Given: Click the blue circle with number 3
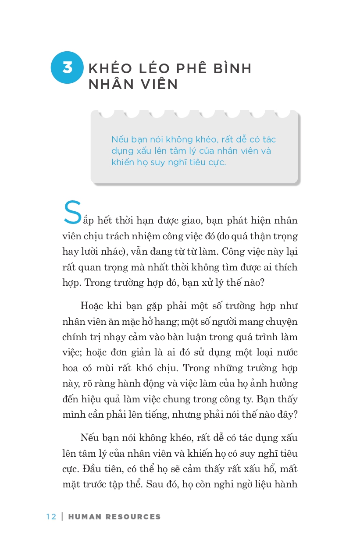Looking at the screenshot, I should tap(67, 67).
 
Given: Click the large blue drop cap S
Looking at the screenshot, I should tap(73, 213).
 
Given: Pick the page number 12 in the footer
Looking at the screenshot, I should tap(51, 517).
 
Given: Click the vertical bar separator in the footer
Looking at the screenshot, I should tap(62, 517).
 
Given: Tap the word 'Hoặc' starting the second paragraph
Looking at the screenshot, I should tap(91, 305).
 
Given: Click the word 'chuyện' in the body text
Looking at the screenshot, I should tap(283, 321).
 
